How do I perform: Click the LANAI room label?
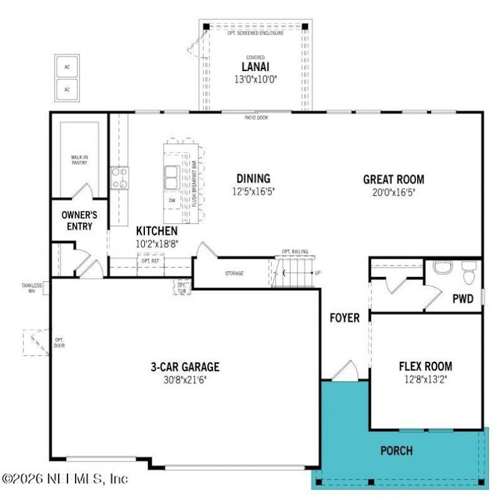click(x=252, y=67)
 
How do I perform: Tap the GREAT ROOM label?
click(x=394, y=179)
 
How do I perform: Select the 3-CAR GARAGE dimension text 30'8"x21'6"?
click(x=185, y=380)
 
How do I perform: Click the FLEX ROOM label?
click(x=425, y=366)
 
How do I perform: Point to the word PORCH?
click(x=397, y=451)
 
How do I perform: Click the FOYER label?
click(x=345, y=318)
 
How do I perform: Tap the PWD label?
click(x=463, y=299)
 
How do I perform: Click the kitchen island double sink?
click(x=171, y=177)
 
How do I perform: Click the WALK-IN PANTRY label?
click(x=79, y=160)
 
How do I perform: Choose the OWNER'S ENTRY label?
click(x=77, y=220)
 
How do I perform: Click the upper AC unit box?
click(x=67, y=67)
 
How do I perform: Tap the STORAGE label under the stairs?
click(x=234, y=274)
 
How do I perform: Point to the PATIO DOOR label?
click(x=256, y=117)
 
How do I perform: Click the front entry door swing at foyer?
click(x=344, y=371)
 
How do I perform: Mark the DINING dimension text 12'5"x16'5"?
click(x=254, y=191)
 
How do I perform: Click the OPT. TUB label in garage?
click(x=182, y=288)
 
